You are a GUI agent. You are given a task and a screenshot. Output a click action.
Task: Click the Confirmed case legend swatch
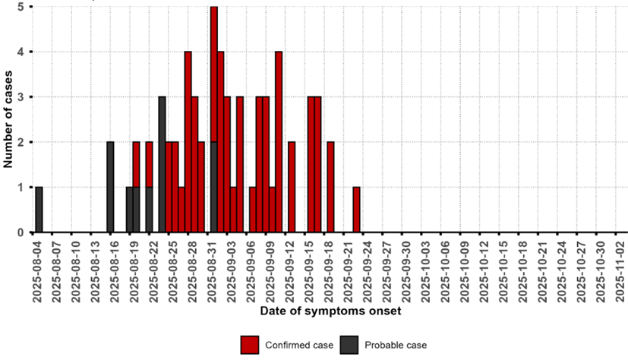click(x=251, y=345)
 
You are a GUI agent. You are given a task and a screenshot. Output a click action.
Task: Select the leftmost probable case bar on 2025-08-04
click(x=39, y=210)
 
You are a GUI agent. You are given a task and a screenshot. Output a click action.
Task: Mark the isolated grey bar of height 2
click(x=110, y=187)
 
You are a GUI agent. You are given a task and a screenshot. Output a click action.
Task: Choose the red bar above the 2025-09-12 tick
click(x=292, y=187)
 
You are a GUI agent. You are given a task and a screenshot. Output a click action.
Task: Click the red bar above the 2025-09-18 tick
click(x=330, y=187)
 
